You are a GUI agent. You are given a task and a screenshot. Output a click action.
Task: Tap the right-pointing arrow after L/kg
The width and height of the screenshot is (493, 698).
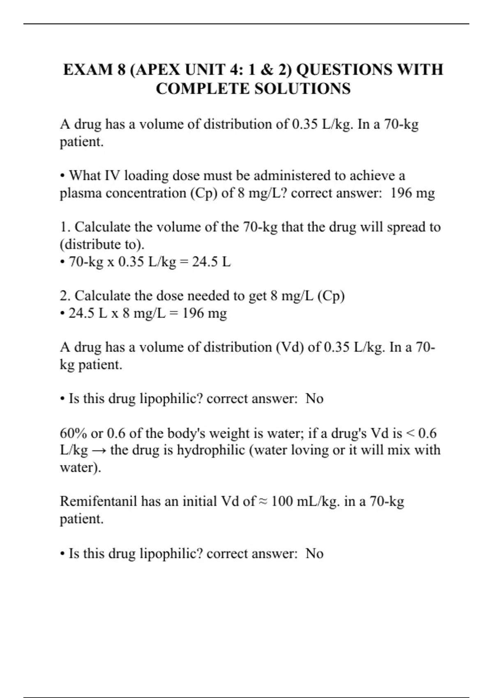pyautogui.click(x=99, y=450)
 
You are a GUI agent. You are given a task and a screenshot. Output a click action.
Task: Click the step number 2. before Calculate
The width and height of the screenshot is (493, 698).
pyautogui.click(x=65, y=296)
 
